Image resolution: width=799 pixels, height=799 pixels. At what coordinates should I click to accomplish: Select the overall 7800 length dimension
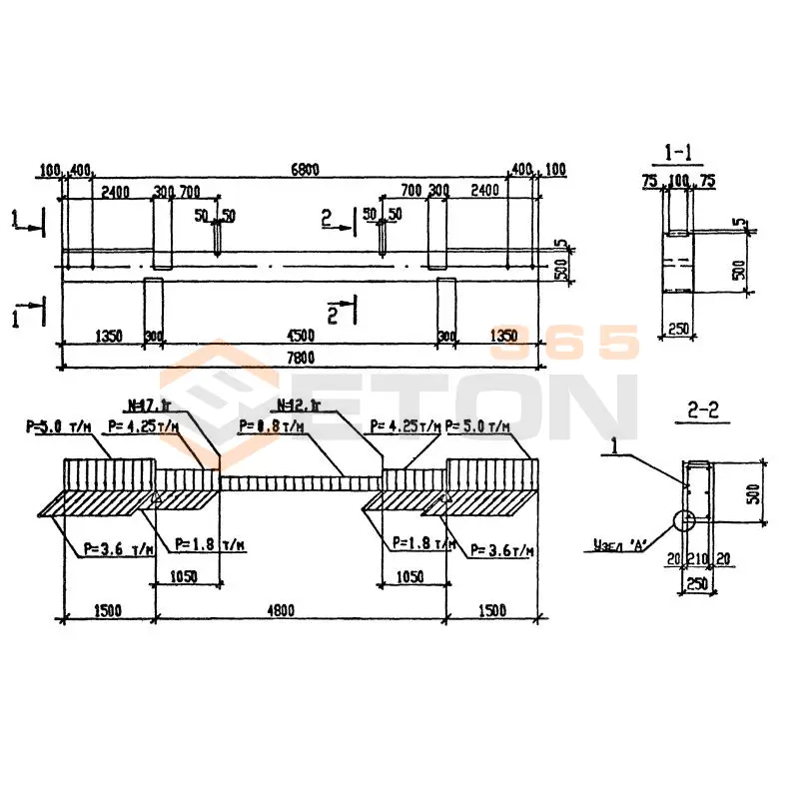(300, 359)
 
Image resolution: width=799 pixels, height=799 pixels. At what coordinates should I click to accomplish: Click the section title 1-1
(680, 154)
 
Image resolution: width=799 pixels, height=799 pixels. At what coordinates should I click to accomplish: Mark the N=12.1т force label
(297, 405)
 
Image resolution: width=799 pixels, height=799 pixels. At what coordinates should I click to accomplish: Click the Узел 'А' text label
(620, 544)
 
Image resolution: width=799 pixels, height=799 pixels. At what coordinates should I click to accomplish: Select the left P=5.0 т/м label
(57, 427)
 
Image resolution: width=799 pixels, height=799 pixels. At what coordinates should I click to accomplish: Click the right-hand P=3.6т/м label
(502, 549)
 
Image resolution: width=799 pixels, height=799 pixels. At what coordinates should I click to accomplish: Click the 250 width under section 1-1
(679, 330)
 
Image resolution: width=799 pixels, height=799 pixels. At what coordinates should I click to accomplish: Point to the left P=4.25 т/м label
(141, 426)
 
